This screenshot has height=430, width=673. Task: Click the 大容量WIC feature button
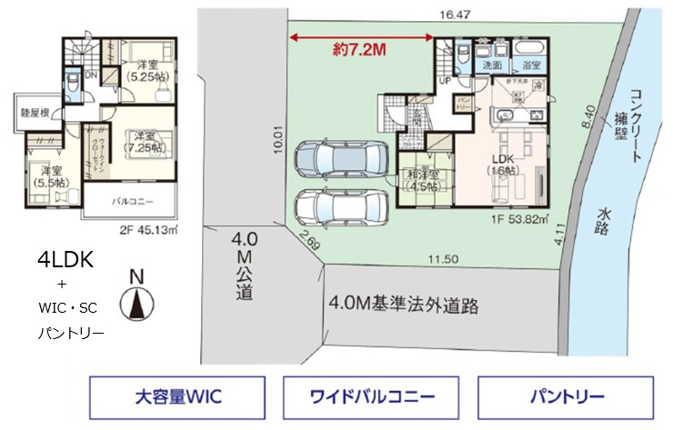pos(178,397)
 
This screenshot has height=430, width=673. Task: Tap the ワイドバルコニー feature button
pos(372,397)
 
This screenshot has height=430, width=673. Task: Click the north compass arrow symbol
pos(136,303)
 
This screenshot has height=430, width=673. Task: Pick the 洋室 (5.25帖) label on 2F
pos(143,71)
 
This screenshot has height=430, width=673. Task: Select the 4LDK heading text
pos(66,259)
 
